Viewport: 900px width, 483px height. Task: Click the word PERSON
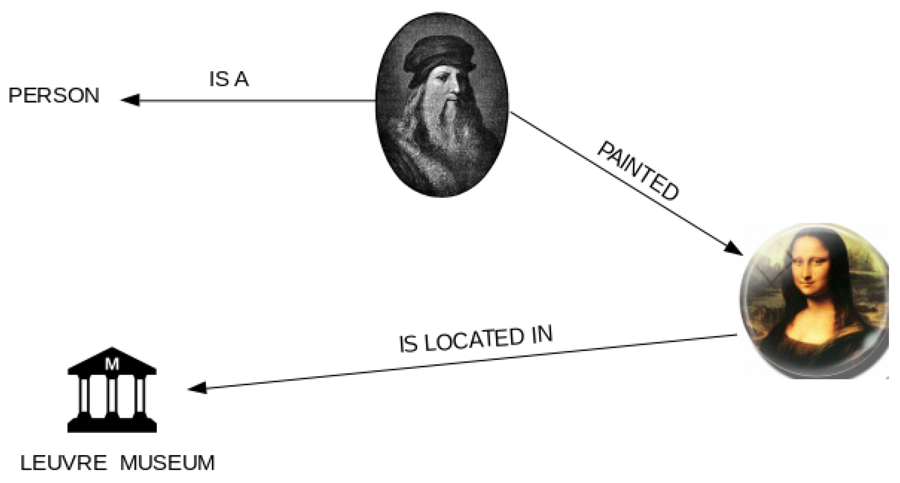[x=54, y=96]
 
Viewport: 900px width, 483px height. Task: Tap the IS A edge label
[x=229, y=79]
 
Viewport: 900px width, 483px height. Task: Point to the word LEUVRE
[x=64, y=463]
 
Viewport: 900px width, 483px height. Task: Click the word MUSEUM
[x=167, y=463]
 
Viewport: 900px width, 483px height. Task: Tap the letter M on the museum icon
[x=112, y=364]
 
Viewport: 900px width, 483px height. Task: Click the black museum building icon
[x=112, y=391]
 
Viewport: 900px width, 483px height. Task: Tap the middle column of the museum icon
[x=112, y=396]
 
